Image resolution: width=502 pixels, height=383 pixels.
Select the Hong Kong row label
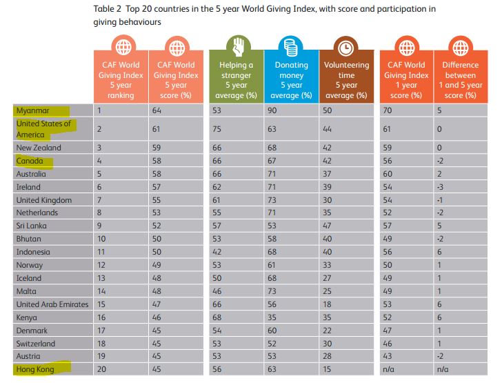35,369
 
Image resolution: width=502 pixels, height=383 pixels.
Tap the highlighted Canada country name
30,161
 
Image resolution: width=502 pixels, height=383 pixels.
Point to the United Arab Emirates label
52,304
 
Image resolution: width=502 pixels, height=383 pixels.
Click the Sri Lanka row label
31,226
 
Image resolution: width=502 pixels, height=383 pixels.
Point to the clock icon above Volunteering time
347,47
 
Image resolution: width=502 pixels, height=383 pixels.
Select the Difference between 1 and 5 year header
458,79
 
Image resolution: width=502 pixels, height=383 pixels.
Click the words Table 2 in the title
108,9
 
